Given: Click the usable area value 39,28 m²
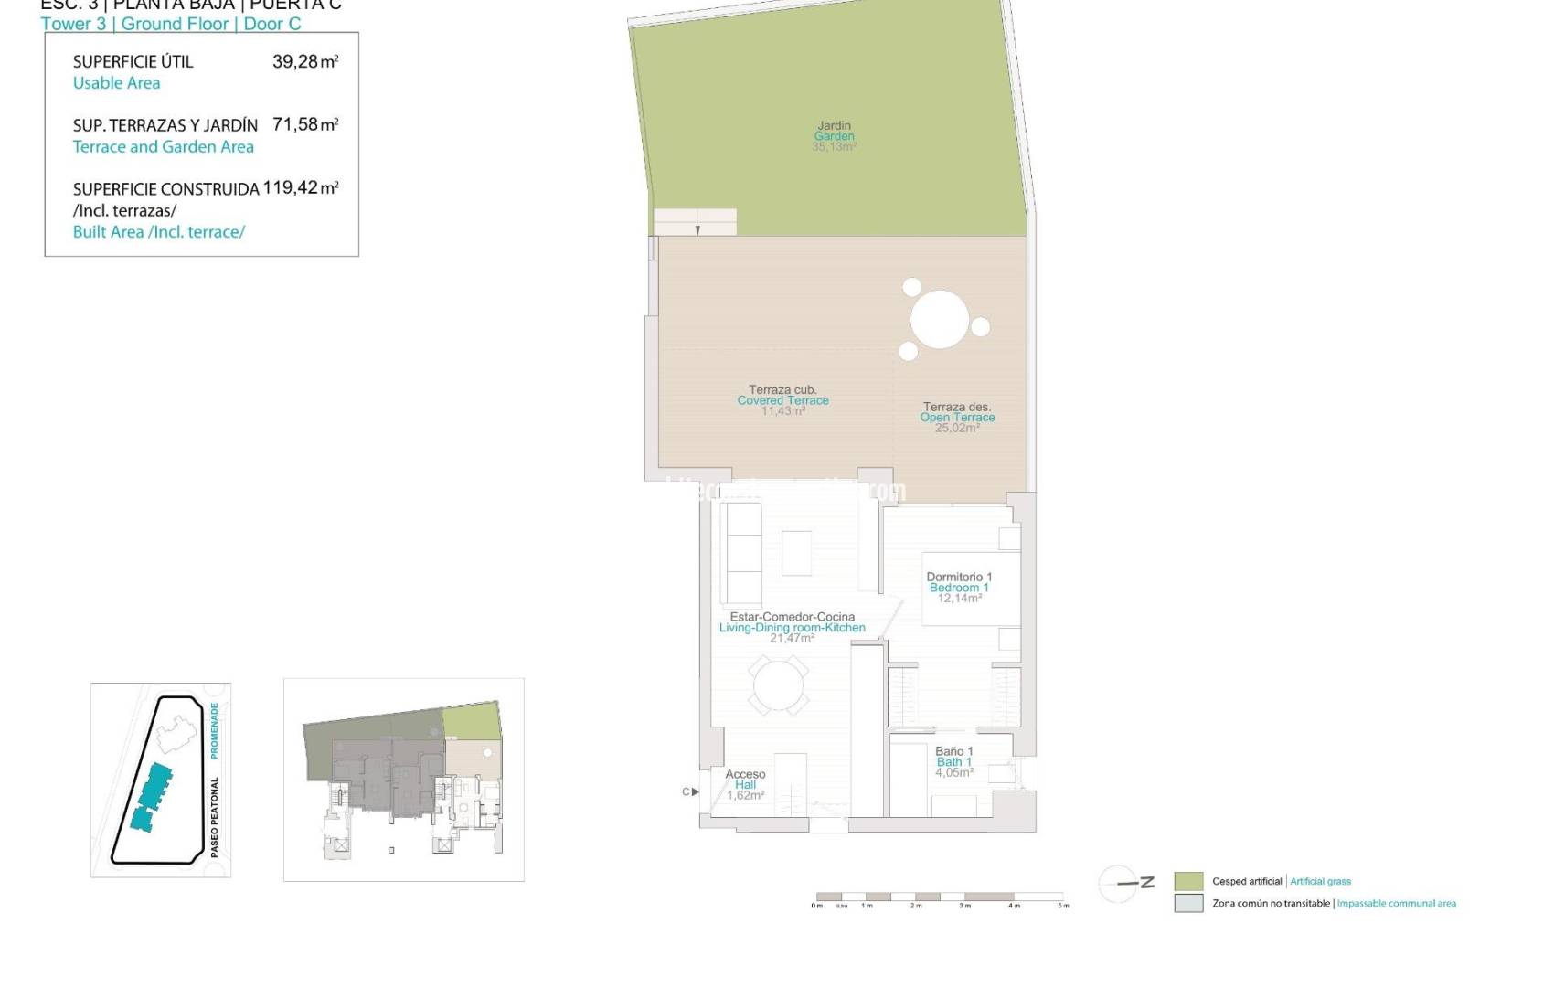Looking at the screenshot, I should click(x=305, y=62).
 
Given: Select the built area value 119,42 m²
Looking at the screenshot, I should click(x=301, y=188).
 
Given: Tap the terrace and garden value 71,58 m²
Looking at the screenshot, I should click(x=305, y=124).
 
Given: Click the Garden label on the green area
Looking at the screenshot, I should click(x=834, y=136).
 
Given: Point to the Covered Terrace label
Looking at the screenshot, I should click(x=782, y=400).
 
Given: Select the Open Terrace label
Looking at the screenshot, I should click(x=957, y=418).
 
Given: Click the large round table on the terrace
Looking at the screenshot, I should click(x=939, y=319).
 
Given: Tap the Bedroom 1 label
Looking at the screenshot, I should click(x=959, y=588).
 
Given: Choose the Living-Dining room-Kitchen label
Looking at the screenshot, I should click(x=792, y=628).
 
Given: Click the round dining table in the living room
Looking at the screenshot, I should click(x=778, y=685).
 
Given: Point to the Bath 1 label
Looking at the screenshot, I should click(x=953, y=762).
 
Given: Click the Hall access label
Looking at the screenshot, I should click(x=745, y=784).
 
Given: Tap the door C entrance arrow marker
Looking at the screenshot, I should click(x=695, y=791).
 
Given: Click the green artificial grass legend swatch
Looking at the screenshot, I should click(x=1188, y=881).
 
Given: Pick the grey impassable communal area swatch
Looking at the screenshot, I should click(x=1188, y=903).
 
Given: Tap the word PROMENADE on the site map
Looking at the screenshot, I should click(x=215, y=730).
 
